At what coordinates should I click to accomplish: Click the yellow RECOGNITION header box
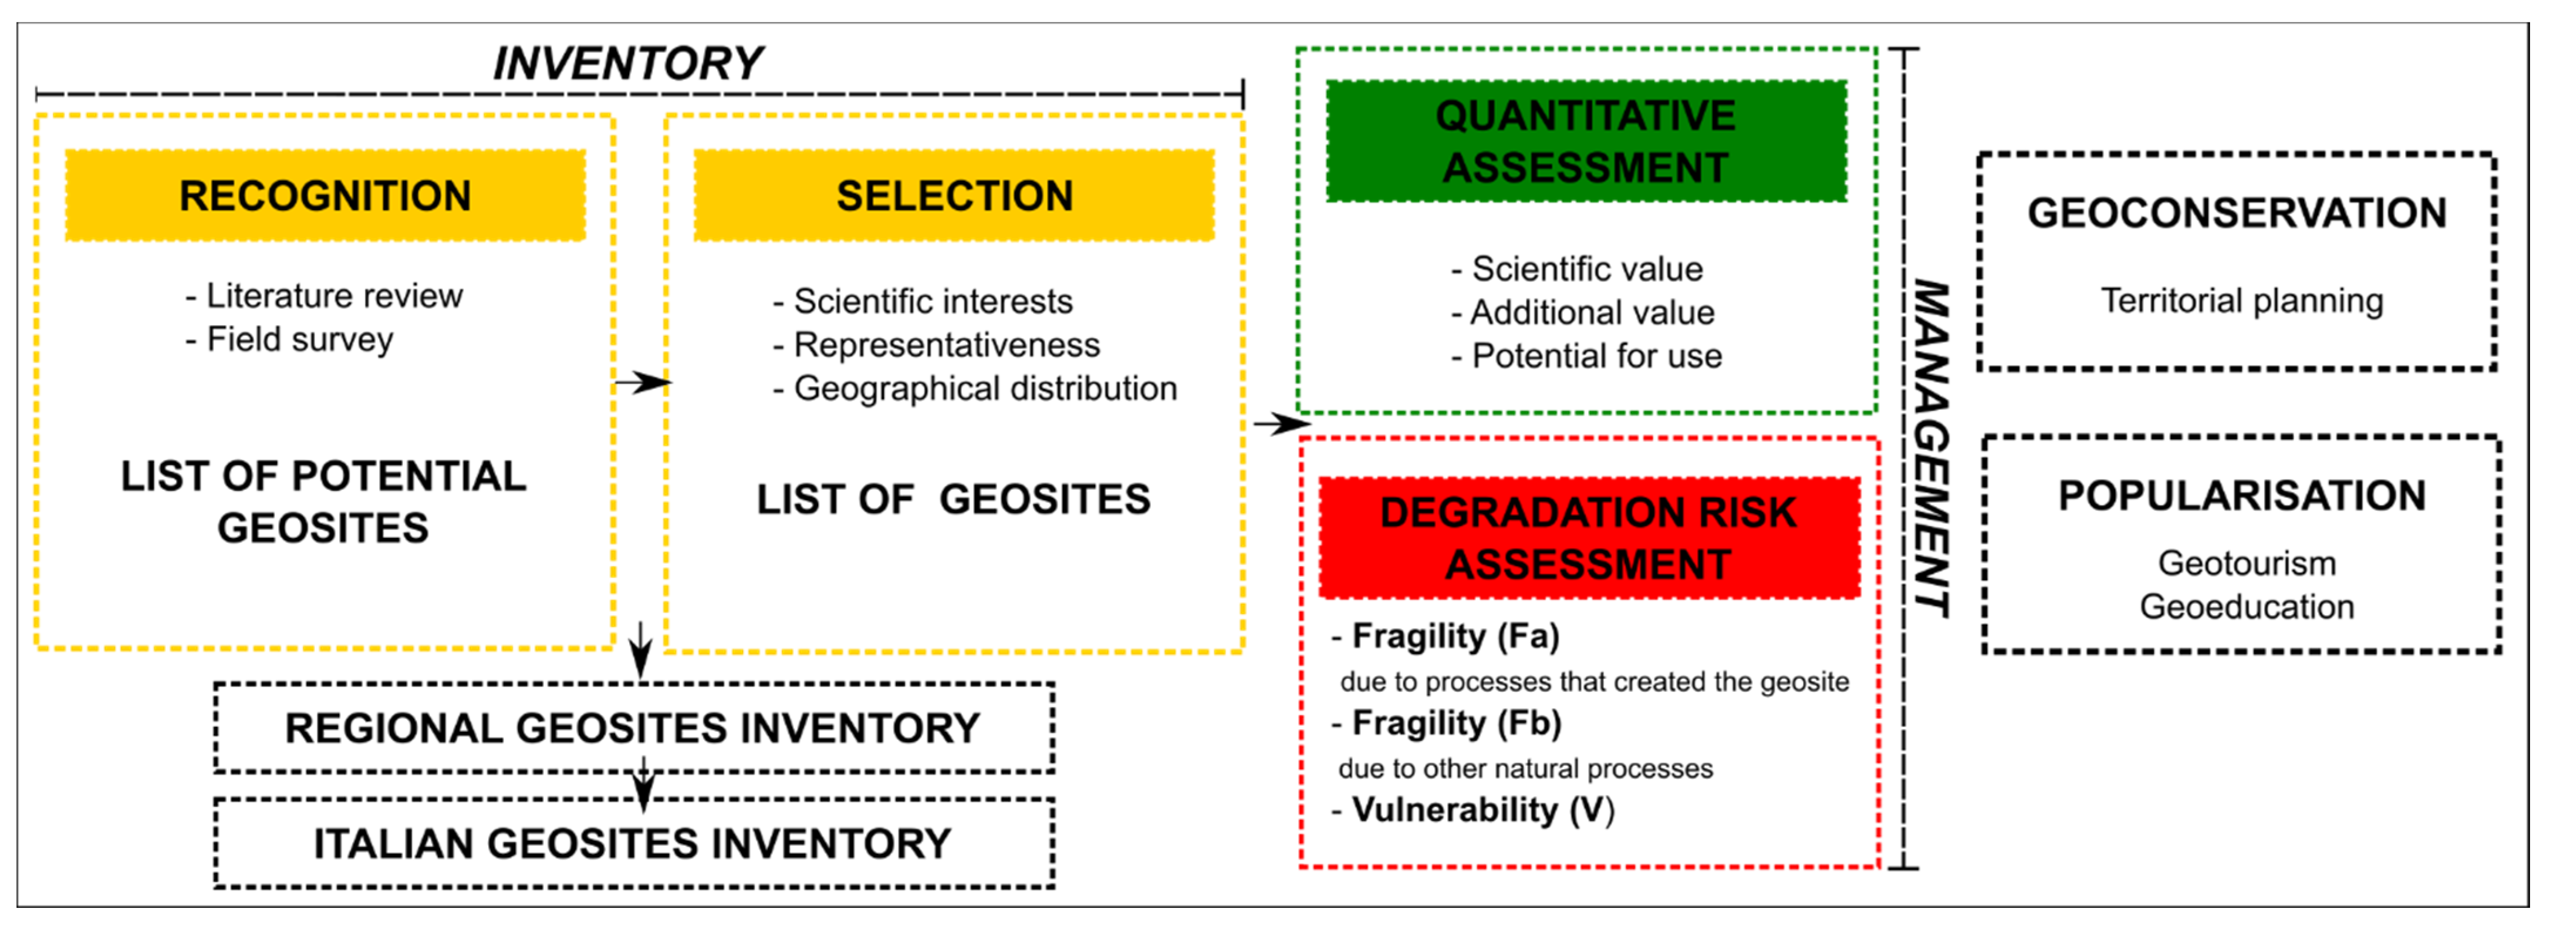325,195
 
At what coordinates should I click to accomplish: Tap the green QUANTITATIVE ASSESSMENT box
1586,142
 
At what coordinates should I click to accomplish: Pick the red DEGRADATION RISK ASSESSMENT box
1589,538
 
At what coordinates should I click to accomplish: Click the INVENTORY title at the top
627,63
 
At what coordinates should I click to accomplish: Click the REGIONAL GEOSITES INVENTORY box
634,728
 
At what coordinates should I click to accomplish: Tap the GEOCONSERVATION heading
2236,213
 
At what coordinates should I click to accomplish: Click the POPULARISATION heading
2242,495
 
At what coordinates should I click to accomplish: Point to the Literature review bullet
325,295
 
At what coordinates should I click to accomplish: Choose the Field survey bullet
290,339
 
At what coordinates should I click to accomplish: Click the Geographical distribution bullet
975,388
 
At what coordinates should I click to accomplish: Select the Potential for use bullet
1587,356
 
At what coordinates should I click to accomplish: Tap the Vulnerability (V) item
1474,810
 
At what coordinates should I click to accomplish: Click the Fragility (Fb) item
1447,723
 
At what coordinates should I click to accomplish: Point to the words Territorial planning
2242,300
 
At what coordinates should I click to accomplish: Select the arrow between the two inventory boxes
643,785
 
